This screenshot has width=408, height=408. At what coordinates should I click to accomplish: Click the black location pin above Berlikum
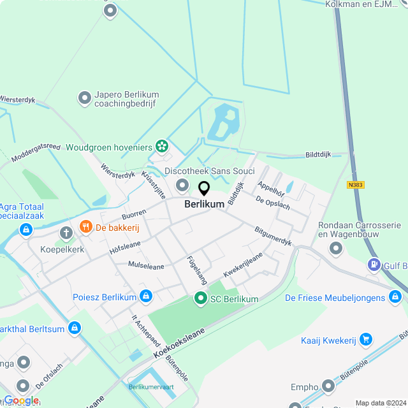click(204, 189)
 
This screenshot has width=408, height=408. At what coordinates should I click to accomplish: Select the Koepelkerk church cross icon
click(66, 234)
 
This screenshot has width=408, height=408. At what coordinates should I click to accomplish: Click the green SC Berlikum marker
click(200, 298)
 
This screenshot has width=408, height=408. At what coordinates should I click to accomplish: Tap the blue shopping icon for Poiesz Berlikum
click(146, 296)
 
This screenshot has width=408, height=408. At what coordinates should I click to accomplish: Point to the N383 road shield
click(356, 185)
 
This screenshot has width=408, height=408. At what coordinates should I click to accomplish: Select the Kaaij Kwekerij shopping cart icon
click(365, 339)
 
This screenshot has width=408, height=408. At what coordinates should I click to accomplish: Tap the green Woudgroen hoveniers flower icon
click(163, 147)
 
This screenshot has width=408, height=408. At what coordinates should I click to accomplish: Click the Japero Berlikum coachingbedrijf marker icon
click(84, 98)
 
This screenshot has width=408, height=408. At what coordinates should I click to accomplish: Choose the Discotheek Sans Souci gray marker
click(183, 186)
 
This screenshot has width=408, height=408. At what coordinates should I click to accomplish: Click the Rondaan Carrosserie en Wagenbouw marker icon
click(335, 249)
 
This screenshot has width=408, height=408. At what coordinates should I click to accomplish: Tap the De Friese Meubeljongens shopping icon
click(396, 298)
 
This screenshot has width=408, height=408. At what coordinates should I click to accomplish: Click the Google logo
click(21, 400)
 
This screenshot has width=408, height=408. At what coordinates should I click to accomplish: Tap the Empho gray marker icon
click(328, 386)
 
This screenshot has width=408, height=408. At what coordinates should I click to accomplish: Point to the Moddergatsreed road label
click(36, 150)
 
